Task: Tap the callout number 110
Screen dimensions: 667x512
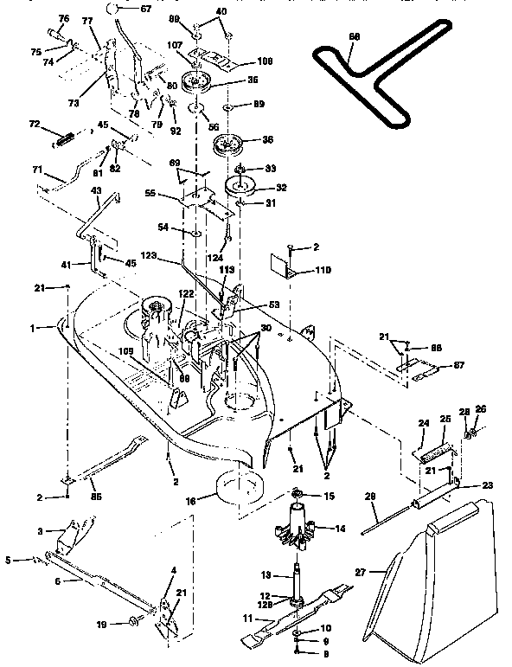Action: point(322,271)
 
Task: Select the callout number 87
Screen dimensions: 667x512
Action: point(458,366)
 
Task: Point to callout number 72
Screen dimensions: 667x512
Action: point(34,125)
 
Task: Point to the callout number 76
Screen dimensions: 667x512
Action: point(63,18)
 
